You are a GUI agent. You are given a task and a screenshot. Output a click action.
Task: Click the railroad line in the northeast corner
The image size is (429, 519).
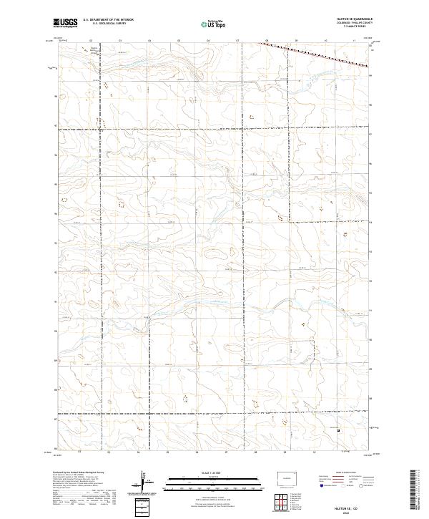tap(315, 54)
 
